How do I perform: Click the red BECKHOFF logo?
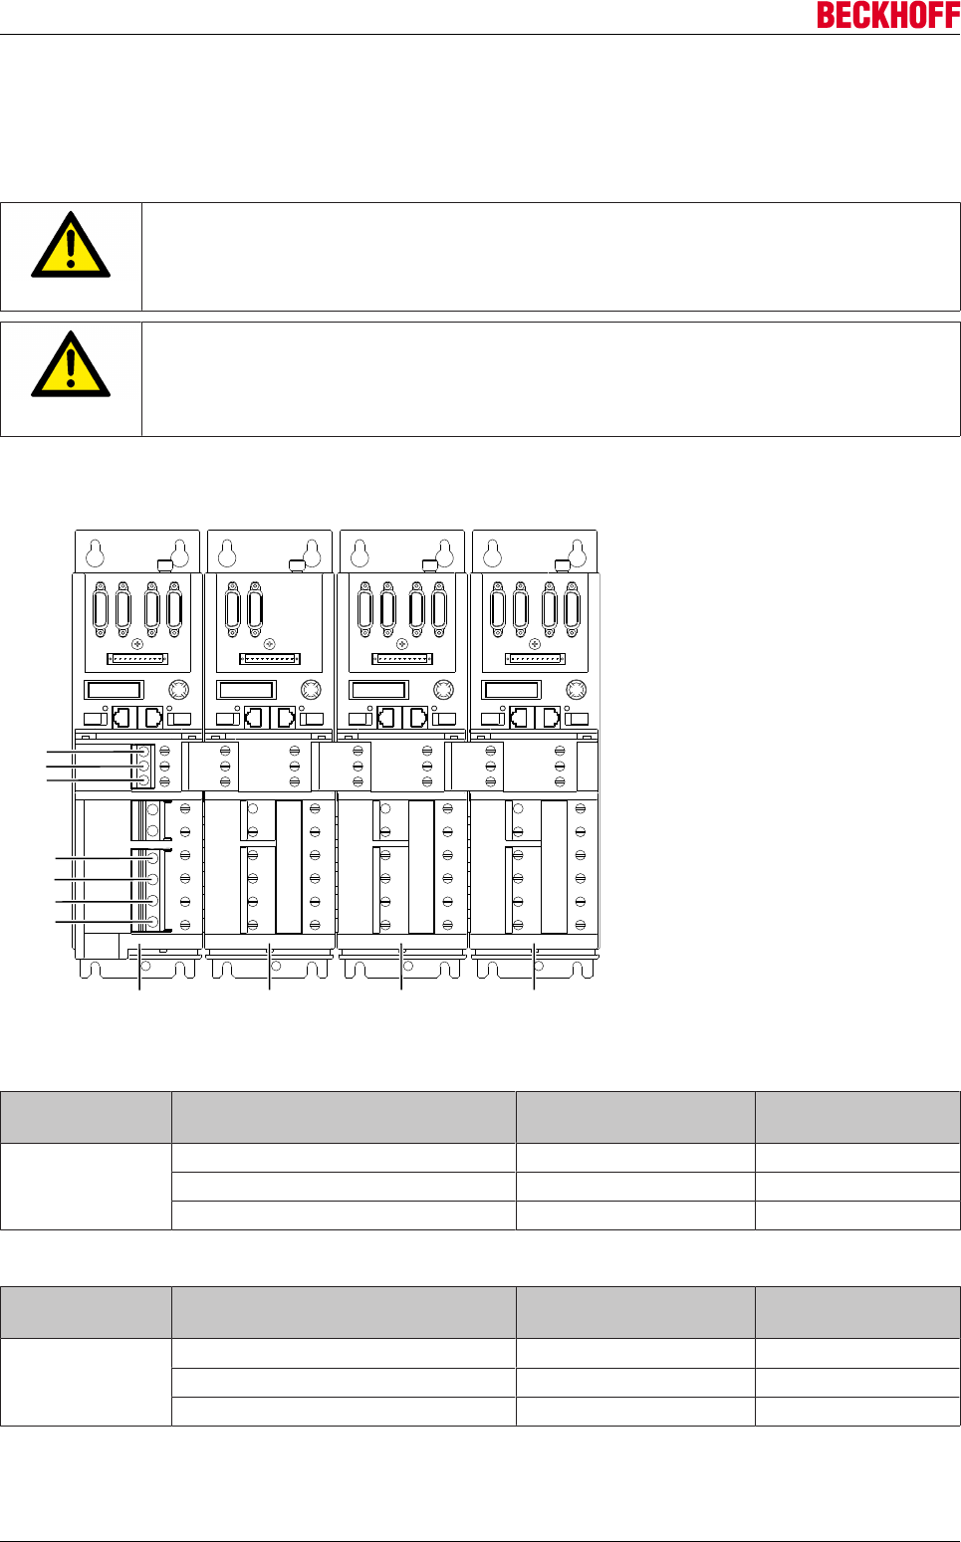coord(888,15)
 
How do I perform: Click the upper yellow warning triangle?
coord(71,246)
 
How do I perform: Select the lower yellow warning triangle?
coord(71,366)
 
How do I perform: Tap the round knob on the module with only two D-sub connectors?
coord(311,689)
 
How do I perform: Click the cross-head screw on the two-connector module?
coord(269,644)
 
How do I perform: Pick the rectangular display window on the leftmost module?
coord(115,689)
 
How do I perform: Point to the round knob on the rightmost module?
coord(576,689)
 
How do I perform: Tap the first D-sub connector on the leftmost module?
coord(101,609)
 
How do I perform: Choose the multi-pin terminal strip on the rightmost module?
coord(535,658)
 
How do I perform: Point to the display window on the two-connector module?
coord(246,689)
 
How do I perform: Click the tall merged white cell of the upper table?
coord(86,1186)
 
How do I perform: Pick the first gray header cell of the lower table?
coord(86,1312)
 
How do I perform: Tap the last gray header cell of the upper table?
coord(857,1117)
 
